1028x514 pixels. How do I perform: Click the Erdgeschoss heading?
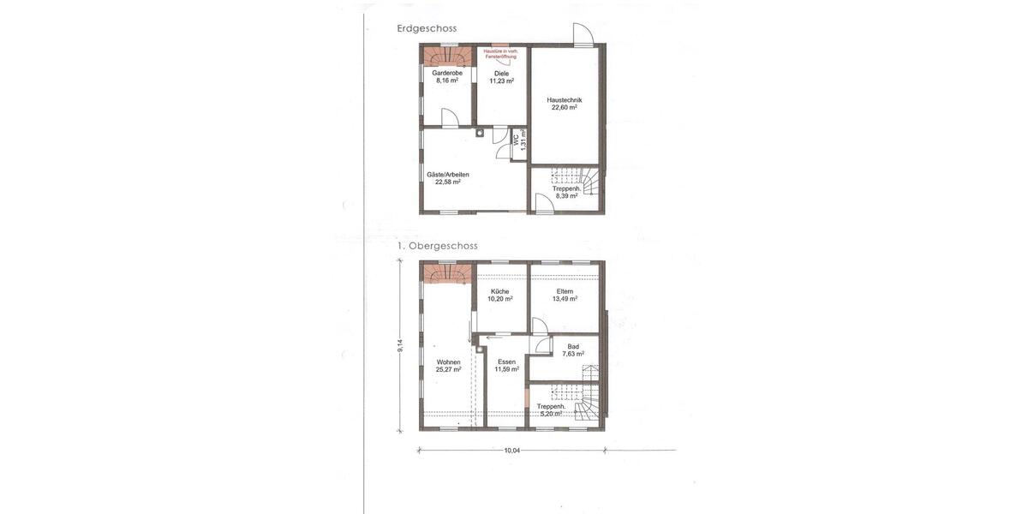[x=427, y=28]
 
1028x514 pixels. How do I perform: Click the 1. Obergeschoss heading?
[x=437, y=246]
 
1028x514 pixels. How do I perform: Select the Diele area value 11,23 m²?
[x=501, y=81]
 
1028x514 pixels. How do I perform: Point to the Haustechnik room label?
[x=565, y=99]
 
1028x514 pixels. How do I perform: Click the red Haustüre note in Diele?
[x=501, y=53]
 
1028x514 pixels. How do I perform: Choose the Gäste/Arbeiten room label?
[x=448, y=175]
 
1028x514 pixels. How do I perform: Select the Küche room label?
[x=500, y=291]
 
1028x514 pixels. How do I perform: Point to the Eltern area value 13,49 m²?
[x=565, y=299]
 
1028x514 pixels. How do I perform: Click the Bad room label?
[x=573, y=346]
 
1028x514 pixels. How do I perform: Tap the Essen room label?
[x=506, y=362]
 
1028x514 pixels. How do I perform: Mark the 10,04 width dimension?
[x=512, y=451]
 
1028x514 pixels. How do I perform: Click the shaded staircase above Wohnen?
[x=446, y=273]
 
